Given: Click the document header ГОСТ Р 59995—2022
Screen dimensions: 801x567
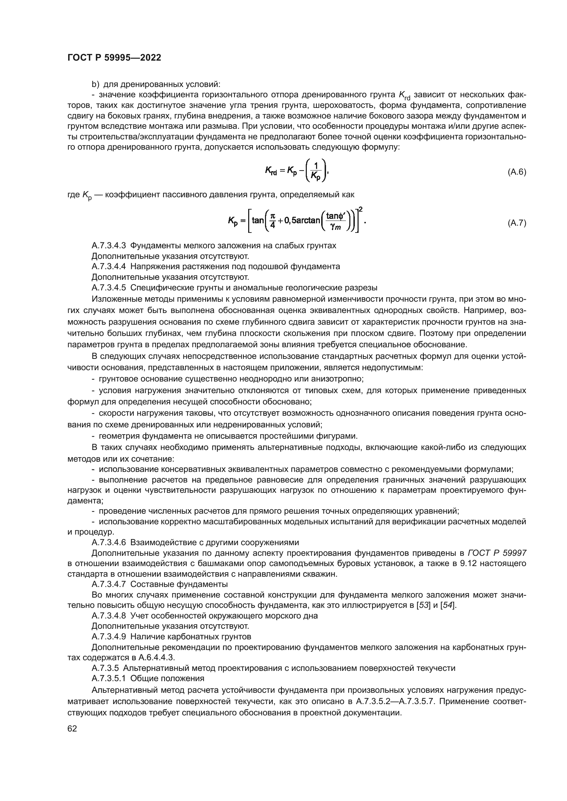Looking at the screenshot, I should click(x=114, y=58).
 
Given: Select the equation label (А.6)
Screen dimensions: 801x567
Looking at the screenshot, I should click(x=516, y=172).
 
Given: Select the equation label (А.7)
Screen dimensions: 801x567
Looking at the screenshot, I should click(x=516, y=223).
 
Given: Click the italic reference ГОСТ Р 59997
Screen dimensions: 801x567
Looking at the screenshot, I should click(x=497, y=553).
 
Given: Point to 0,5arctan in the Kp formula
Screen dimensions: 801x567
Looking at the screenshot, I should click(x=302, y=221).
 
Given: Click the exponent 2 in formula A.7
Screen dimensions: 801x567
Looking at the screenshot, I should click(x=361, y=209).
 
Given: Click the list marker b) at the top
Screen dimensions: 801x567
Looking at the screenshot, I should click(x=95, y=85).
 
